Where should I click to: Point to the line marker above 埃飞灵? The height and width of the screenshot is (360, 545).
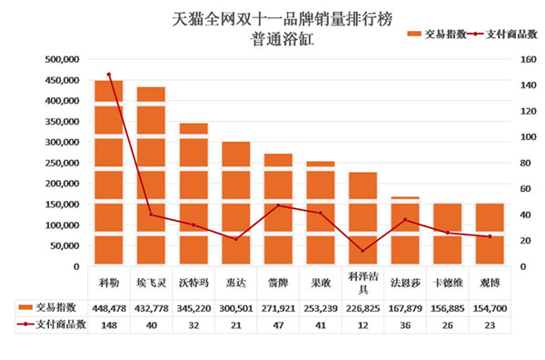pyautogui.click(x=151, y=215)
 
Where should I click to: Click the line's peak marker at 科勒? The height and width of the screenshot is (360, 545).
pyautogui.click(x=109, y=75)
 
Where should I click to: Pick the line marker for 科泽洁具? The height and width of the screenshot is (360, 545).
pyautogui.click(x=362, y=251)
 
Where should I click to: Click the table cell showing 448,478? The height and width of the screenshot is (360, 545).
pyautogui.click(x=109, y=307)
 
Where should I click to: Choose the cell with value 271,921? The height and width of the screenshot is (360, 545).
pyautogui.click(x=278, y=307)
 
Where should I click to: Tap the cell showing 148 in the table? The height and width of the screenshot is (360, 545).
pyautogui.click(x=109, y=324)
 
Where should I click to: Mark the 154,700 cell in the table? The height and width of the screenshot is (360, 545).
pyautogui.click(x=490, y=307)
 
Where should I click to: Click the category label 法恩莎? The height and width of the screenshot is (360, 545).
pyautogui.click(x=405, y=282)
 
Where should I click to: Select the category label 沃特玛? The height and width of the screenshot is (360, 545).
pyautogui.click(x=193, y=282)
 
